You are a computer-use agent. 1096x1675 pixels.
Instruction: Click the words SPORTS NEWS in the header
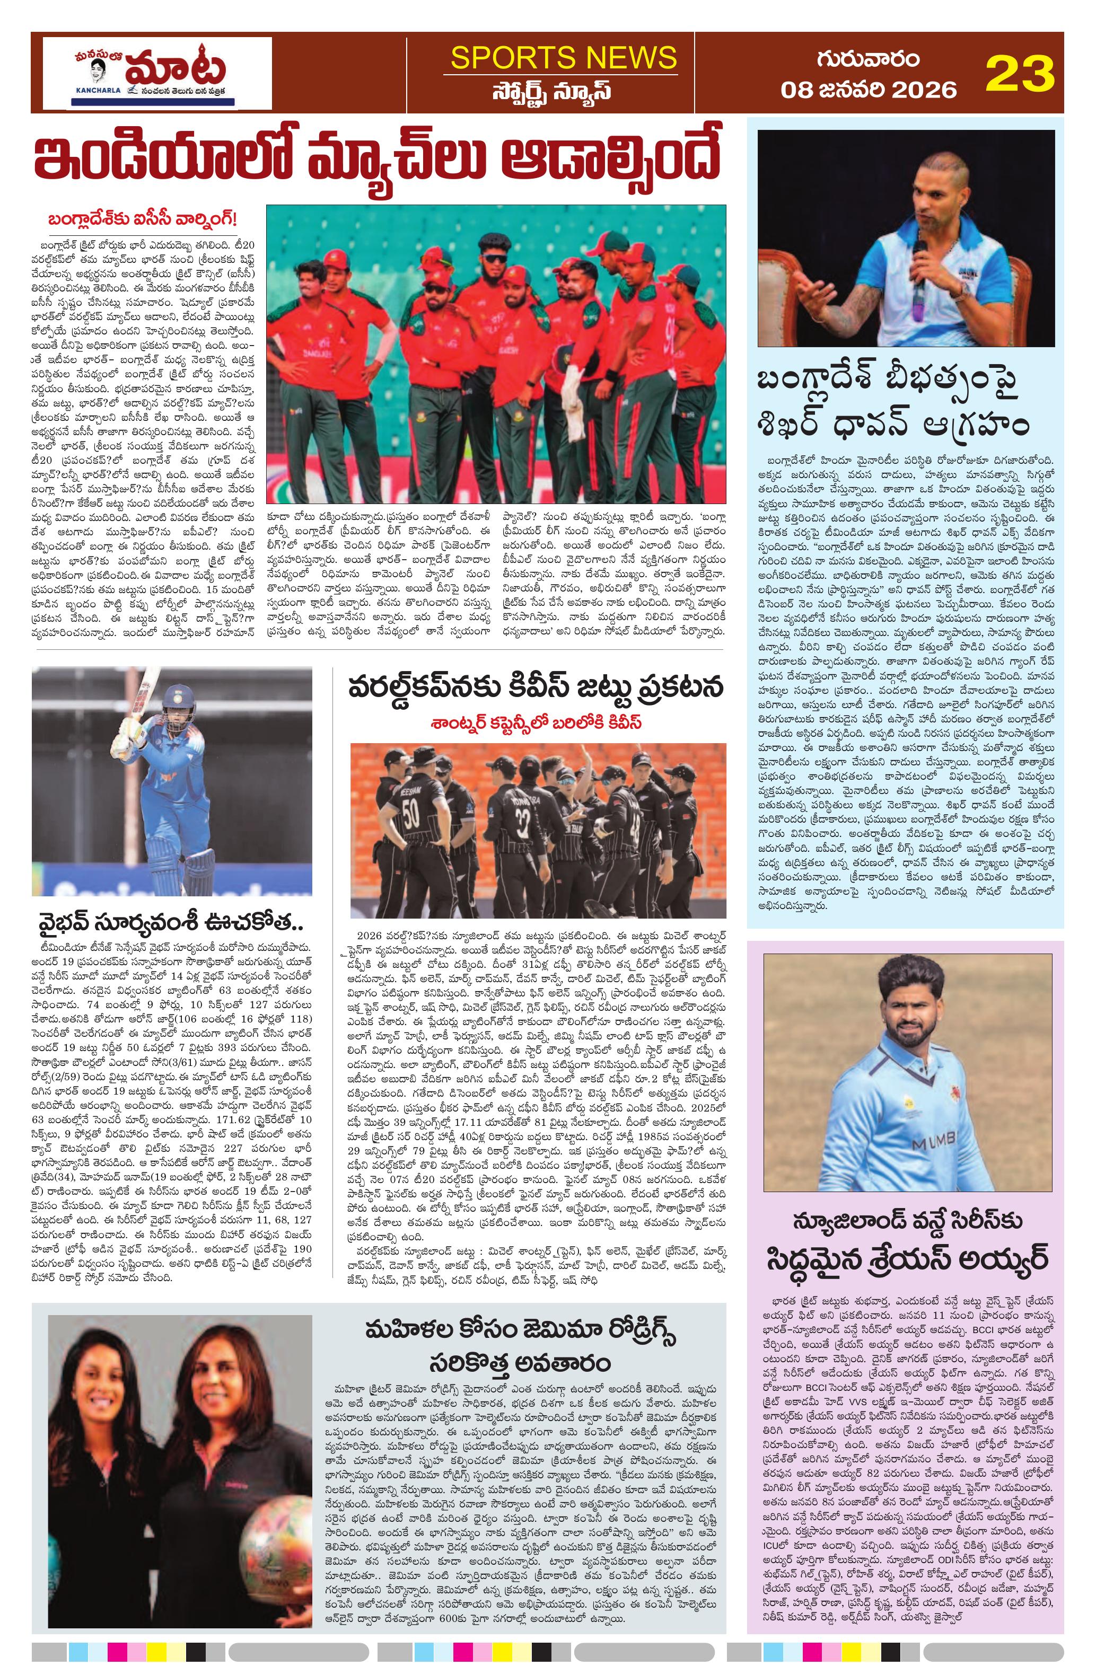tap(563, 57)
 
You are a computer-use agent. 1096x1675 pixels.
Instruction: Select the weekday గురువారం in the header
tap(867, 60)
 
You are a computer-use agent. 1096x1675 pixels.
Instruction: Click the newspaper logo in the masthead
tap(157, 73)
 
